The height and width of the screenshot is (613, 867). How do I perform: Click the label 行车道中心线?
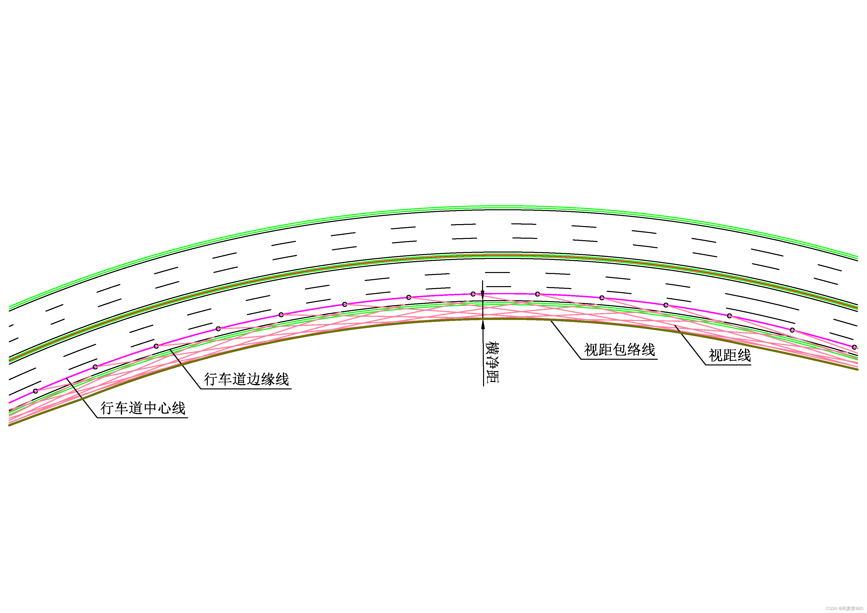[x=143, y=408]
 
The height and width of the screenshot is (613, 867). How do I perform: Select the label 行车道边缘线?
[x=246, y=379]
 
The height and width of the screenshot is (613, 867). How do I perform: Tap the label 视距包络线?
[x=619, y=350]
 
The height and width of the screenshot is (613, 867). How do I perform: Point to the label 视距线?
[x=730, y=355]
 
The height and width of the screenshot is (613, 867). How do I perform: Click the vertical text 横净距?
[x=492, y=363]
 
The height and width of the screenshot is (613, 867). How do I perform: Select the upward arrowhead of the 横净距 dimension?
[x=483, y=324]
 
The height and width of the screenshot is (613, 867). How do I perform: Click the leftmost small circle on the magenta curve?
[x=36, y=391]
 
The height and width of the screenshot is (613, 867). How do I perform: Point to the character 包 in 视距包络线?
[x=619, y=350]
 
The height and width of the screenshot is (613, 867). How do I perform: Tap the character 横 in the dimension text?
[x=492, y=348]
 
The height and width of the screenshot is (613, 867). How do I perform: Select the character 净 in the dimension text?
[x=492, y=363]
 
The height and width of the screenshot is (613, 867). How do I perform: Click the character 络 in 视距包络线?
[x=634, y=350]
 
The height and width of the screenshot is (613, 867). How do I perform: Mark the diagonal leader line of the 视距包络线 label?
[x=565, y=339]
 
